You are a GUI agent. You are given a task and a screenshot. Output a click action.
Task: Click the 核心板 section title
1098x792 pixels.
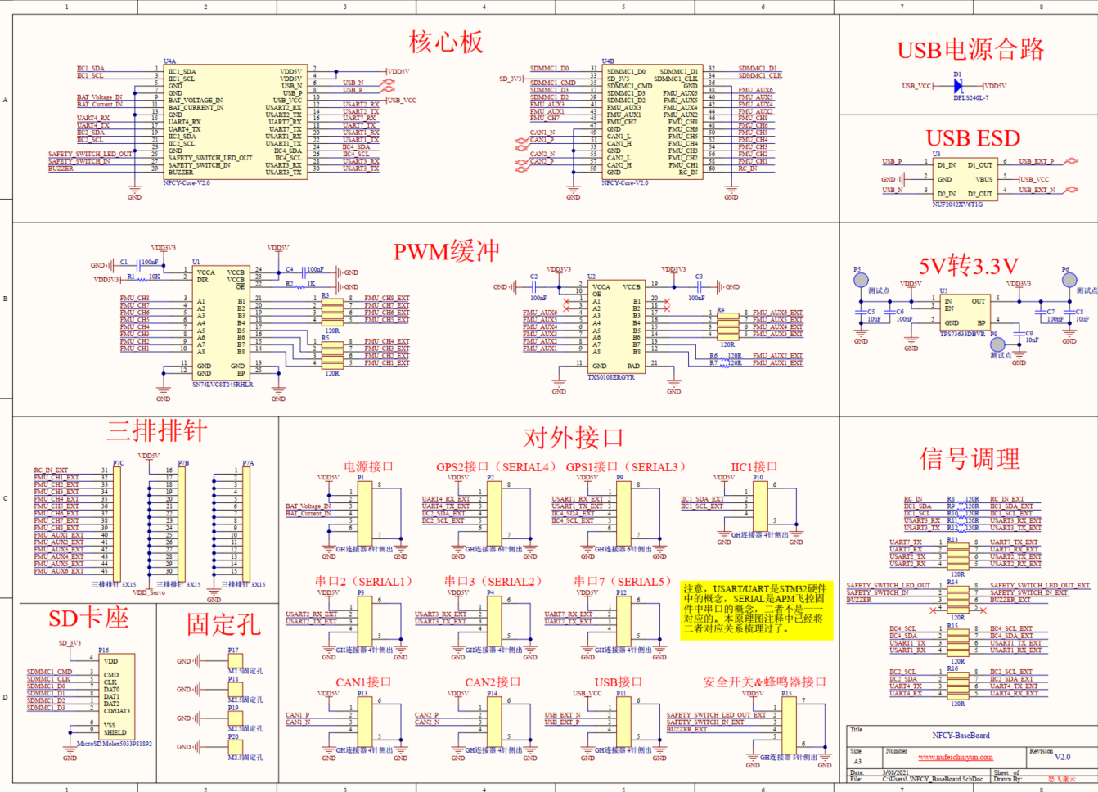446,43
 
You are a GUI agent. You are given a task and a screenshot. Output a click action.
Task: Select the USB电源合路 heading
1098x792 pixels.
970,50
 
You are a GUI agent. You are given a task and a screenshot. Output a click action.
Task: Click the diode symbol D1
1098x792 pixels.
958,85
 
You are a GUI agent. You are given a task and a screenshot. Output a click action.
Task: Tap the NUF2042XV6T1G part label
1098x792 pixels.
957,205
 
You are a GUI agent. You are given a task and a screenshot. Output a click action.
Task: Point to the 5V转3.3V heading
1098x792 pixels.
968,266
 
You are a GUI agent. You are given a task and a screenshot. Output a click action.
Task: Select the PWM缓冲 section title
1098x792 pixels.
446,251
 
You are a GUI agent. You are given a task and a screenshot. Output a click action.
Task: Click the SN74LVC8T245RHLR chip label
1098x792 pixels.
223,384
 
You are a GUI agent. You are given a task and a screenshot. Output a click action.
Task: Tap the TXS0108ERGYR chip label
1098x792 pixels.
610,377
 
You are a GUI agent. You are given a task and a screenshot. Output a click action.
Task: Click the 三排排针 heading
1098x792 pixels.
157,431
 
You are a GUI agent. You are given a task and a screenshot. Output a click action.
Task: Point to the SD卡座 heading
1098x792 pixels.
88,619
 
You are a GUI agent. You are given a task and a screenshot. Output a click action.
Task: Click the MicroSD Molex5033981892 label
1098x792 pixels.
115,744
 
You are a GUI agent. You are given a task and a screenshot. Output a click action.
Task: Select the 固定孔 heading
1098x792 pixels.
223,624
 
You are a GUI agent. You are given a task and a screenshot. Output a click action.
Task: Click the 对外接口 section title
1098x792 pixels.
573,438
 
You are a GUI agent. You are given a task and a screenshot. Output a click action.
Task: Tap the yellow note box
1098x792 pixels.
756,610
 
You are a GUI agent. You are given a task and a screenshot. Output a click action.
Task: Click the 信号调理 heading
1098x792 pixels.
970,458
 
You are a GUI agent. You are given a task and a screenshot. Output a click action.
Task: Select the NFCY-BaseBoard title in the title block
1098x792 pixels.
961,735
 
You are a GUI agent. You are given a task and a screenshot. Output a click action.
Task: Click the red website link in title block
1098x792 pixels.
955,758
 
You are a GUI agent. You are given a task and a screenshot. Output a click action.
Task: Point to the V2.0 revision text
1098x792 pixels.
1062,757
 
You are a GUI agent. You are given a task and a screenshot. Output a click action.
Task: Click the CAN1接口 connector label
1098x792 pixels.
363,682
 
